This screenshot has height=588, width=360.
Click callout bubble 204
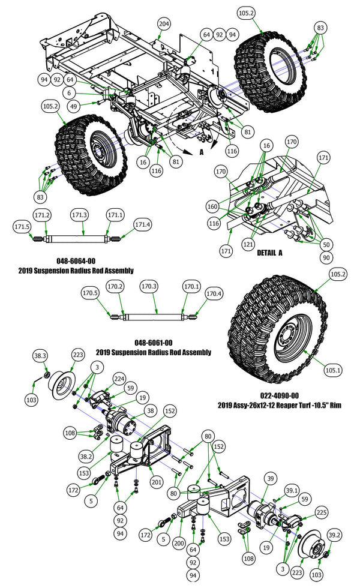[x=164, y=24]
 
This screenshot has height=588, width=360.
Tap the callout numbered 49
[x=74, y=106]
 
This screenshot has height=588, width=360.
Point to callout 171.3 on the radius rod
[x=80, y=215]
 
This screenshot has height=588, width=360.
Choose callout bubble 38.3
[x=40, y=356]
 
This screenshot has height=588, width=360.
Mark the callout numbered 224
[x=119, y=379]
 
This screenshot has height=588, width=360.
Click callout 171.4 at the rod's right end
[x=143, y=224]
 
